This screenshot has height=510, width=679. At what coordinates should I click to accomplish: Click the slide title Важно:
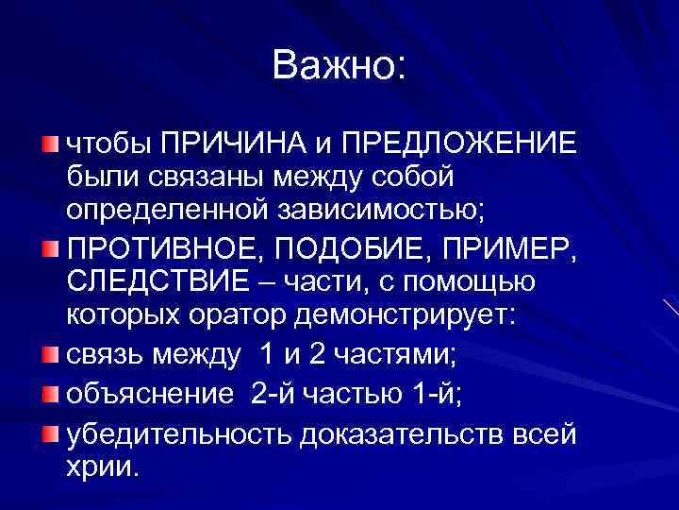coord(339,65)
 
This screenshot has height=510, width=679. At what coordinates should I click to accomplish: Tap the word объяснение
coord(149,394)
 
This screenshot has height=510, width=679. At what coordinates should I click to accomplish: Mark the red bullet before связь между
coord(49,352)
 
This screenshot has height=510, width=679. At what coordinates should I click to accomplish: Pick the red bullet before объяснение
coord(49,393)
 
